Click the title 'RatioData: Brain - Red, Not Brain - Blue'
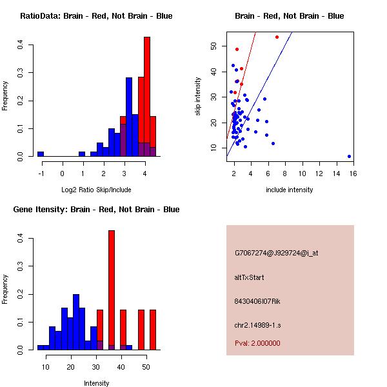coord(96,16)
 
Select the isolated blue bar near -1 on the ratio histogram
coord(41,154)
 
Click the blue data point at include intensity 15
coord(349,156)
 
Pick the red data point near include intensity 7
coord(277,37)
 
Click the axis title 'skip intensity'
coord(198,97)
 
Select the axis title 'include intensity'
coord(290,190)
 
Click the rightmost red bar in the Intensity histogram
coord(153,329)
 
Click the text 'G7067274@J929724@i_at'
coord(277,253)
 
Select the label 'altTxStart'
coord(249,277)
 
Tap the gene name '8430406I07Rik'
coord(258,301)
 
